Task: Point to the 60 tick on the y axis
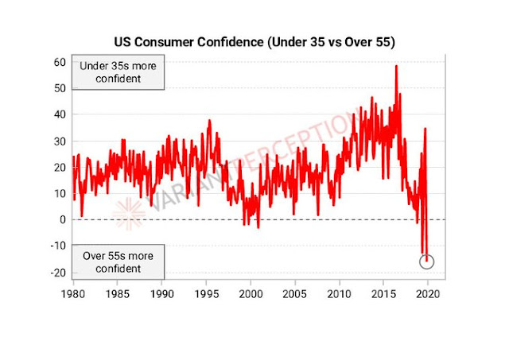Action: (x=58, y=61)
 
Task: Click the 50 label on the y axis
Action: (x=58, y=87)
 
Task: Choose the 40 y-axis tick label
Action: (x=58, y=114)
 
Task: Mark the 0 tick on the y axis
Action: (x=61, y=219)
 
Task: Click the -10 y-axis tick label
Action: (x=56, y=246)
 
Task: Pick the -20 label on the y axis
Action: (x=56, y=273)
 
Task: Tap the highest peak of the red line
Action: (x=396, y=66)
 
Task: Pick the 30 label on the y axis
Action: (x=58, y=141)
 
